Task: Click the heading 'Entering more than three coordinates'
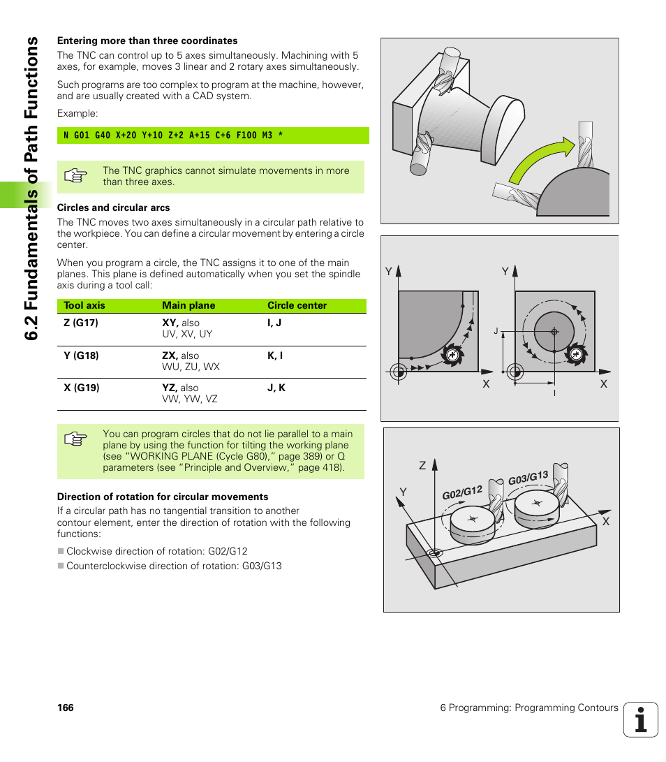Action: point(147,41)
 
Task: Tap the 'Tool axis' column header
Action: point(84,305)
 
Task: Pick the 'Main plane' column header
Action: point(188,305)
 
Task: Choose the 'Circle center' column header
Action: point(297,305)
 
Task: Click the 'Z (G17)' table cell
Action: point(81,323)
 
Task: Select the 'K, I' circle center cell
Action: point(275,356)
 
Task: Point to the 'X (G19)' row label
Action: point(82,388)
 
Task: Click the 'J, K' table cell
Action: point(276,388)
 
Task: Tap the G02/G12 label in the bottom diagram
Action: point(462,492)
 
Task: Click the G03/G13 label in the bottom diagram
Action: point(528,478)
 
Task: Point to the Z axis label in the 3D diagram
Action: point(422,464)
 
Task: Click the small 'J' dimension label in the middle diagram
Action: point(495,330)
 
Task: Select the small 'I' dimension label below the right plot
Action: point(554,394)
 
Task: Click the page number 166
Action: point(66,708)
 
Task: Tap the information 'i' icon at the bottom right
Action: point(640,719)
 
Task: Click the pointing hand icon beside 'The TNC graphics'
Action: point(75,176)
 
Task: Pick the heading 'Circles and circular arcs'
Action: point(113,207)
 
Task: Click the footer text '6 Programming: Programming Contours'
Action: point(528,708)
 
